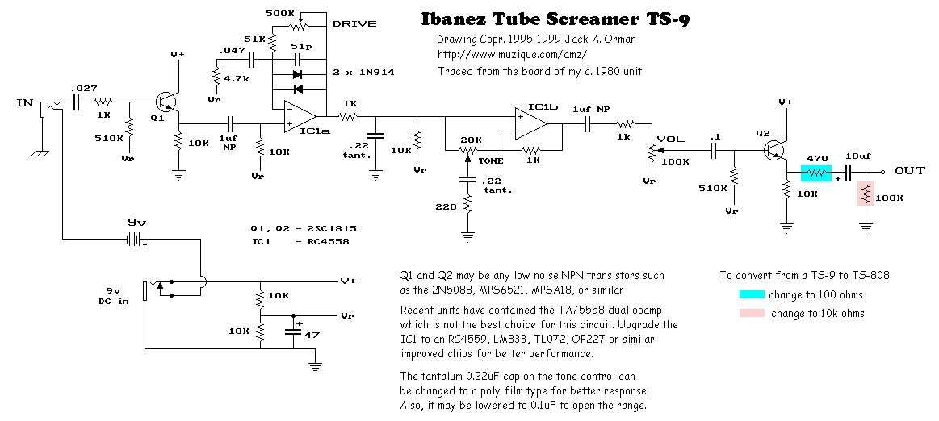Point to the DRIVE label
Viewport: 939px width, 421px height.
354,23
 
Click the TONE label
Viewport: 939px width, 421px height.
490,160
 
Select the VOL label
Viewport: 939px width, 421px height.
671,139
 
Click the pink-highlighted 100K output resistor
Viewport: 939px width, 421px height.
866,194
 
